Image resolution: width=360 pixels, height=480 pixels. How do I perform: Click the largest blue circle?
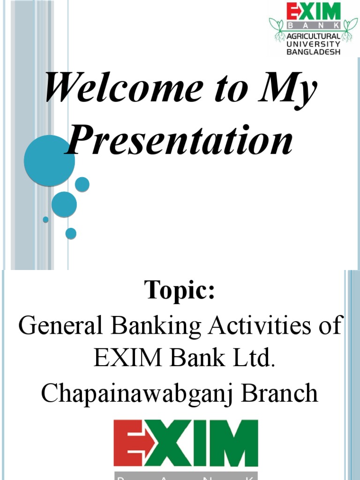pos(49,161)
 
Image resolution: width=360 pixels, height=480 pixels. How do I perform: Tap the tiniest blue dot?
pos(45,219)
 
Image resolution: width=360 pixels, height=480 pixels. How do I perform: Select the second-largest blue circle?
pos(64,204)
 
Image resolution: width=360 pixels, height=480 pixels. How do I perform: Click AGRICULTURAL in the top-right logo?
pos(313,36)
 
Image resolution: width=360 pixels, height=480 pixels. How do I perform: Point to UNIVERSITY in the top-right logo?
pos(313,44)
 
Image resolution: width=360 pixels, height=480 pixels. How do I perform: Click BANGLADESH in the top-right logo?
pos(313,52)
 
